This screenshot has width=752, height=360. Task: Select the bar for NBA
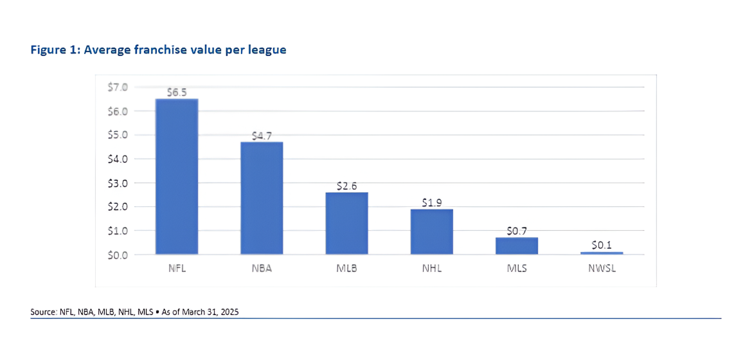tap(262, 198)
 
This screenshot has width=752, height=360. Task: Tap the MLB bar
tap(346, 223)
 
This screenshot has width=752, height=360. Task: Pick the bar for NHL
tap(431, 231)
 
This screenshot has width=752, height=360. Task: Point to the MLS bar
tap(516, 246)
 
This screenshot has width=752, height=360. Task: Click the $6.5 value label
tap(177, 93)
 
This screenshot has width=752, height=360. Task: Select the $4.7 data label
tap(262, 136)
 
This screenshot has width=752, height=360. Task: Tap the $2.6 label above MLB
tap(346, 186)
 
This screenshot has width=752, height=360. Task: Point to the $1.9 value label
tap(431, 203)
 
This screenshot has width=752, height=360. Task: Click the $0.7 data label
tap(516, 231)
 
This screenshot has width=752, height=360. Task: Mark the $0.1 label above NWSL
tap(602, 245)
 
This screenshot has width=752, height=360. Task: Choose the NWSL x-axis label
tap(602, 268)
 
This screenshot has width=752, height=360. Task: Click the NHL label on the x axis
tap(431, 268)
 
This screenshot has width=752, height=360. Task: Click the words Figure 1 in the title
tap(52, 50)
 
